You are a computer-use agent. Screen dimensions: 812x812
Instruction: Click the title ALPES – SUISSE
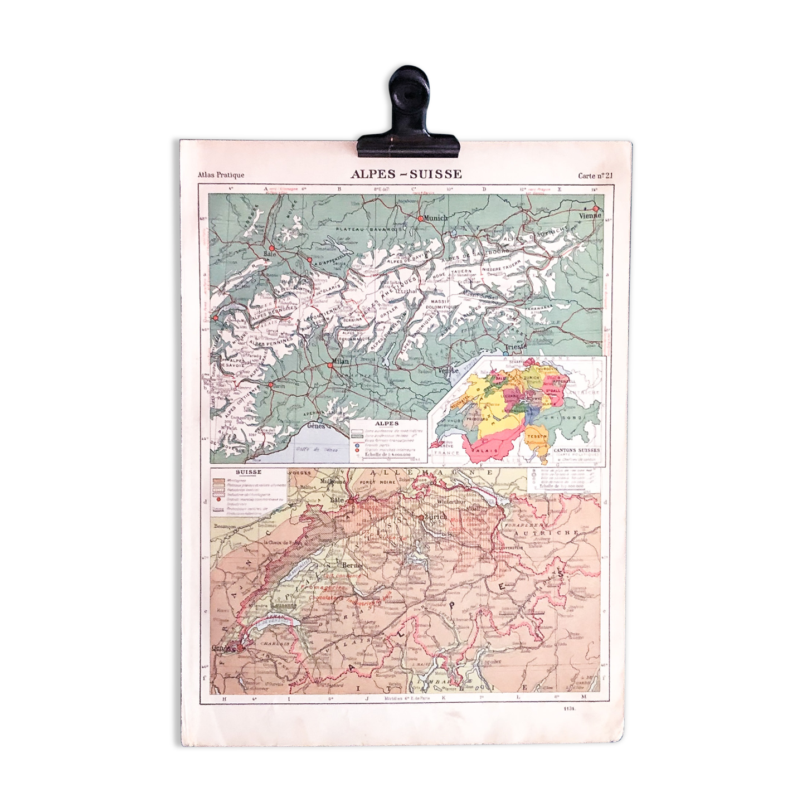click(406, 174)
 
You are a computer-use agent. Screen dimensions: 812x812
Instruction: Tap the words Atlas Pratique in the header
click(221, 176)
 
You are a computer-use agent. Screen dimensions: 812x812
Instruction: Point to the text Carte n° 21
click(595, 176)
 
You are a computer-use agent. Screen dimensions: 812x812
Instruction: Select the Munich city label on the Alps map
click(436, 218)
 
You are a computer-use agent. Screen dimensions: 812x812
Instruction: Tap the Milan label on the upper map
click(341, 362)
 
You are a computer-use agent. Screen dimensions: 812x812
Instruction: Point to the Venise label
click(449, 370)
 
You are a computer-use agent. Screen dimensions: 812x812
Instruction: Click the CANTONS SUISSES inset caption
click(577, 449)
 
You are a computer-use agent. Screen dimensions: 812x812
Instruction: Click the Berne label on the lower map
click(356, 565)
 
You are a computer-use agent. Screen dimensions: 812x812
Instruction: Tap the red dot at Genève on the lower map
click(240, 648)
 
